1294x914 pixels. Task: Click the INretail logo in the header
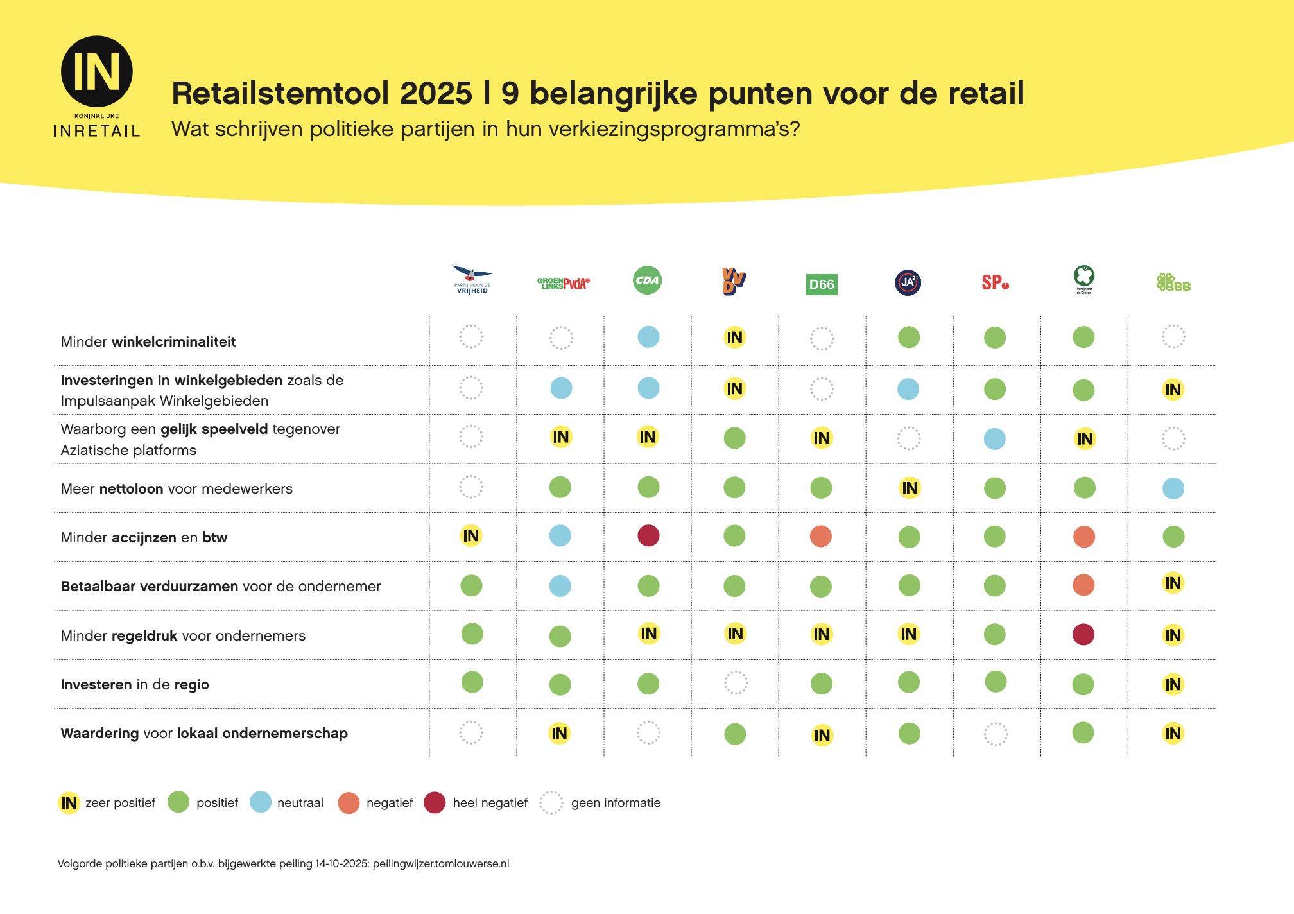pyautogui.click(x=97, y=86)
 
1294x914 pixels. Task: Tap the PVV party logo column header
pyautogui.click(x=472, y=280)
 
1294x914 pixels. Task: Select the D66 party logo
pyautogui.click(x=822, y=284)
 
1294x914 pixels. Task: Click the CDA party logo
pyautogui.click(x=647, y=280)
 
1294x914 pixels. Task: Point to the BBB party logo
pyautogui.click(x=1173, y=282)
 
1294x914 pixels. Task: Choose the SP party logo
pyautogui.click(x=995, y=282)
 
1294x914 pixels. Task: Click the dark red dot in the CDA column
pyautogui.click(x=648, y=535)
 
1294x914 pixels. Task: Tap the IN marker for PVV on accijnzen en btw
pyautogui.click(x=471, y=536)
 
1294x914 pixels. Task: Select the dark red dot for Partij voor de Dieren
pyautogui.click(x=1083, y=634)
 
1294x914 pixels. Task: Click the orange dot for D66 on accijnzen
pyautogui.click(x=821, y=536)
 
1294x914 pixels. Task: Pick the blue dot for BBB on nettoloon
pyautogui.click(x=1173, y=488)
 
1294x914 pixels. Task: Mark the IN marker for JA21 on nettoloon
pyautogui.click(x=910, y=488)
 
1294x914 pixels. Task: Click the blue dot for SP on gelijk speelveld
pyautogui.click(x=995, y=439)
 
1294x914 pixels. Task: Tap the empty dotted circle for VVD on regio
pyautogui.click(x=736, y=683)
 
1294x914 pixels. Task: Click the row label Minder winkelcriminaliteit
pyautogui.click(x=148, y=342)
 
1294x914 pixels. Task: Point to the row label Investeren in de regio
pyautogui.click(x=135, y=685)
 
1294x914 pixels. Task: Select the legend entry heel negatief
pyautogui.click(x=476, y=803)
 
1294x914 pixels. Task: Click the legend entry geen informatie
pyautogui.click(x=601, y=803)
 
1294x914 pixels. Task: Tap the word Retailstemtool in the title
pyautogui.click(x=282, y=94)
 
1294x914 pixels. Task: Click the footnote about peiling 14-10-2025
pyautogui.click(x=283, y=864)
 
